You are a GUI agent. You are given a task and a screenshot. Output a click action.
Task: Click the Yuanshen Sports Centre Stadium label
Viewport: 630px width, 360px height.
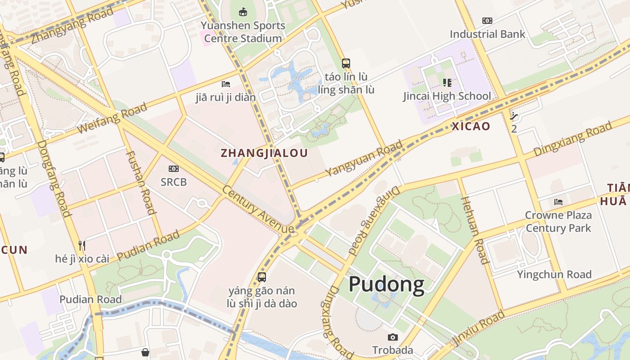[x=243, y=32]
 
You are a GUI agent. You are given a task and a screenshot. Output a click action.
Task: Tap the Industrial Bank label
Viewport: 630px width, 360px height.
[x=487, y=34]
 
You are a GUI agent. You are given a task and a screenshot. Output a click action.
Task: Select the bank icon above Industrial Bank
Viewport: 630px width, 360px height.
[x=487, y=21]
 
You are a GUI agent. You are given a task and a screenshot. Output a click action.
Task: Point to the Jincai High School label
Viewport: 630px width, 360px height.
[x=447, y=96]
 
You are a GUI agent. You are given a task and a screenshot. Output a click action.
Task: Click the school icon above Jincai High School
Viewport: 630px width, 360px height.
[x=447, y=83]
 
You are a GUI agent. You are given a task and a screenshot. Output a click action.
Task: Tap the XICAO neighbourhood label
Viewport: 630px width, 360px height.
[x=470, y=126]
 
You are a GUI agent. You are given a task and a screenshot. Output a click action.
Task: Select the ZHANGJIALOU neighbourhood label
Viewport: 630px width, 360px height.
[x=264, y=153]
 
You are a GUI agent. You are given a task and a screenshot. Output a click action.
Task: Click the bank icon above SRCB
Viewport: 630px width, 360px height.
[x=174, y=169]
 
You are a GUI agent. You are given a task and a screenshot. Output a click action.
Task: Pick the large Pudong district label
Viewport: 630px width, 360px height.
[x=386, y=284]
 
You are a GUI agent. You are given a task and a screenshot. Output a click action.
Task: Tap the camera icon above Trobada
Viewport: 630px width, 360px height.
[x=392, y=337]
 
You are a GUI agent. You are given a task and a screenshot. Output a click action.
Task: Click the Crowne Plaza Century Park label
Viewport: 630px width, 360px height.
[x=558, y=221]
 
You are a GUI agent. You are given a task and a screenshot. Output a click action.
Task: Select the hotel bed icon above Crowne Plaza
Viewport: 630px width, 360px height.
[x=558, y=202]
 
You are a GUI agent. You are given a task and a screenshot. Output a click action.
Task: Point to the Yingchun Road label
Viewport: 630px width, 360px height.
[x=554, y=274]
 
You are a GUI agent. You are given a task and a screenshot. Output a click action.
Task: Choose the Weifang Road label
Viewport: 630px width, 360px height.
[x=112, y=118]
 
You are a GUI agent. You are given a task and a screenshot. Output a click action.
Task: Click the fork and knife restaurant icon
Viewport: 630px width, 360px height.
[x=82, y=246]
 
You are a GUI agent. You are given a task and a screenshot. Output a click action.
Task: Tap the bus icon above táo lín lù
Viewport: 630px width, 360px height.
[x=346, y=63]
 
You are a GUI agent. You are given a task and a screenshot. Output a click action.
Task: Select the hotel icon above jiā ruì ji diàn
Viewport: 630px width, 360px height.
[x=226, y=84]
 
